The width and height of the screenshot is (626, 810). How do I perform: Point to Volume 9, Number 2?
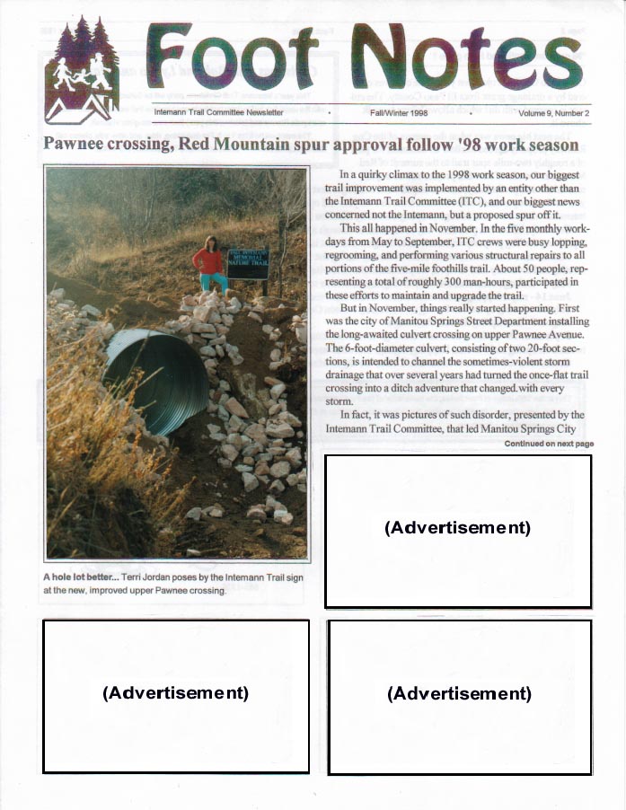553,113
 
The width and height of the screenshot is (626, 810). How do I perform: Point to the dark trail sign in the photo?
248,264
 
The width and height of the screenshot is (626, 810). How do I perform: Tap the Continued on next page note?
549,444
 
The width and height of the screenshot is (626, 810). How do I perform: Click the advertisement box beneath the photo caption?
176,695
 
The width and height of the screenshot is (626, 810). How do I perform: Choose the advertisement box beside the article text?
458,531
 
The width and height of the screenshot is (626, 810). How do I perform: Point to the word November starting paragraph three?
399,308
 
